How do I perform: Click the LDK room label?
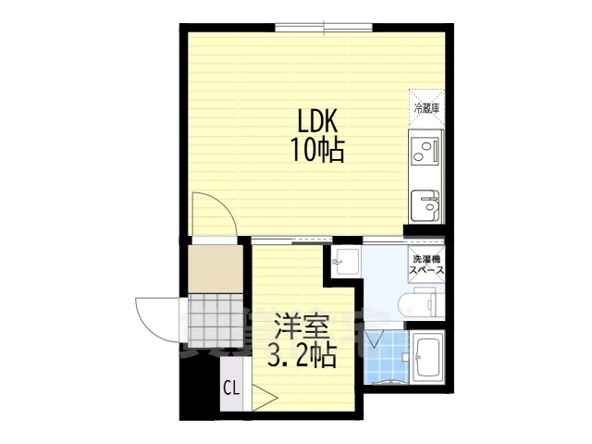(x=318, y=121)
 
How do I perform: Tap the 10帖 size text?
(x=318, y=149)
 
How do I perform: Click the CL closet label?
(x=231, y=389)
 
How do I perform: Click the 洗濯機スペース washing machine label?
(x=427, y=265)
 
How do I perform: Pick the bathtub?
(x=427, y=358)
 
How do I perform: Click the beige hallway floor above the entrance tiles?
(x=216, y=268)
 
